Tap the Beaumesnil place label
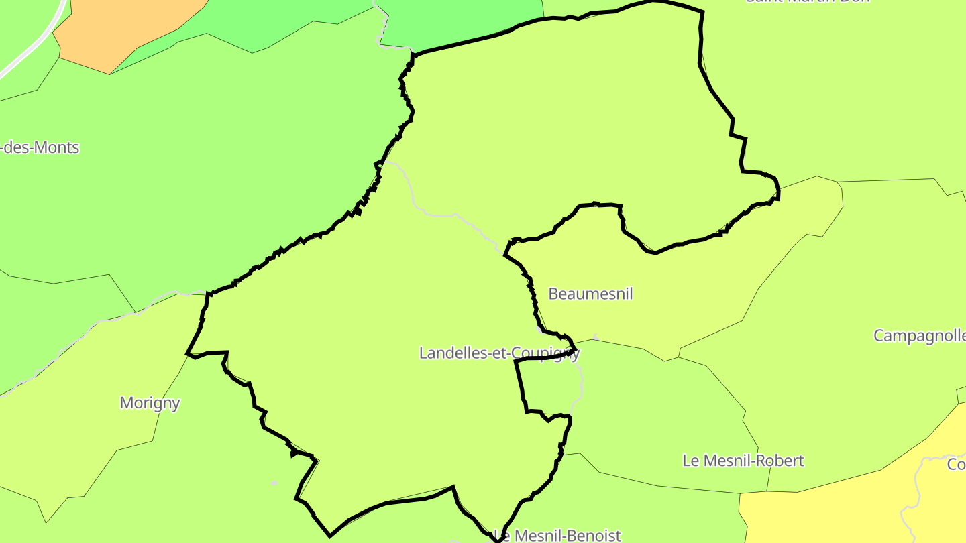[x=590, y=294]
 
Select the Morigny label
[x=150, y=403]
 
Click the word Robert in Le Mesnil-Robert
[x=782, y=461]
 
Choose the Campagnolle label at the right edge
[x=919, y=335]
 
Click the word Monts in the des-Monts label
[x=58, y=147]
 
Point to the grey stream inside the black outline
[x=436, y=215]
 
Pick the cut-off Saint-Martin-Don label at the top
[x=808, y=2]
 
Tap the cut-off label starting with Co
[x=957, y=464]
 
